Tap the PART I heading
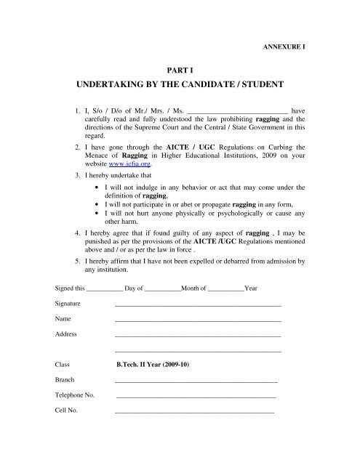[x=180, y=73]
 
